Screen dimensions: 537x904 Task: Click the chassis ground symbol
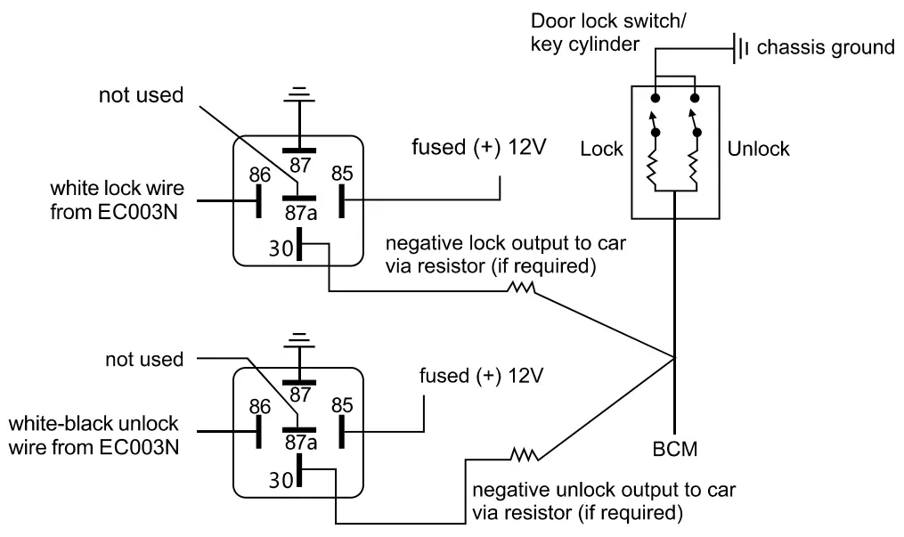[739, 48]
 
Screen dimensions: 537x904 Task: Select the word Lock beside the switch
[603, 149]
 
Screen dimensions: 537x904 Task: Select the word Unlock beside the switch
[757, 149]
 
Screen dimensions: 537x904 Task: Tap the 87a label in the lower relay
[297, 439]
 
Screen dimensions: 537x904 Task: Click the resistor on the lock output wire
[521, 289]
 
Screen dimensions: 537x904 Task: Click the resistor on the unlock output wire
[525, 456]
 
